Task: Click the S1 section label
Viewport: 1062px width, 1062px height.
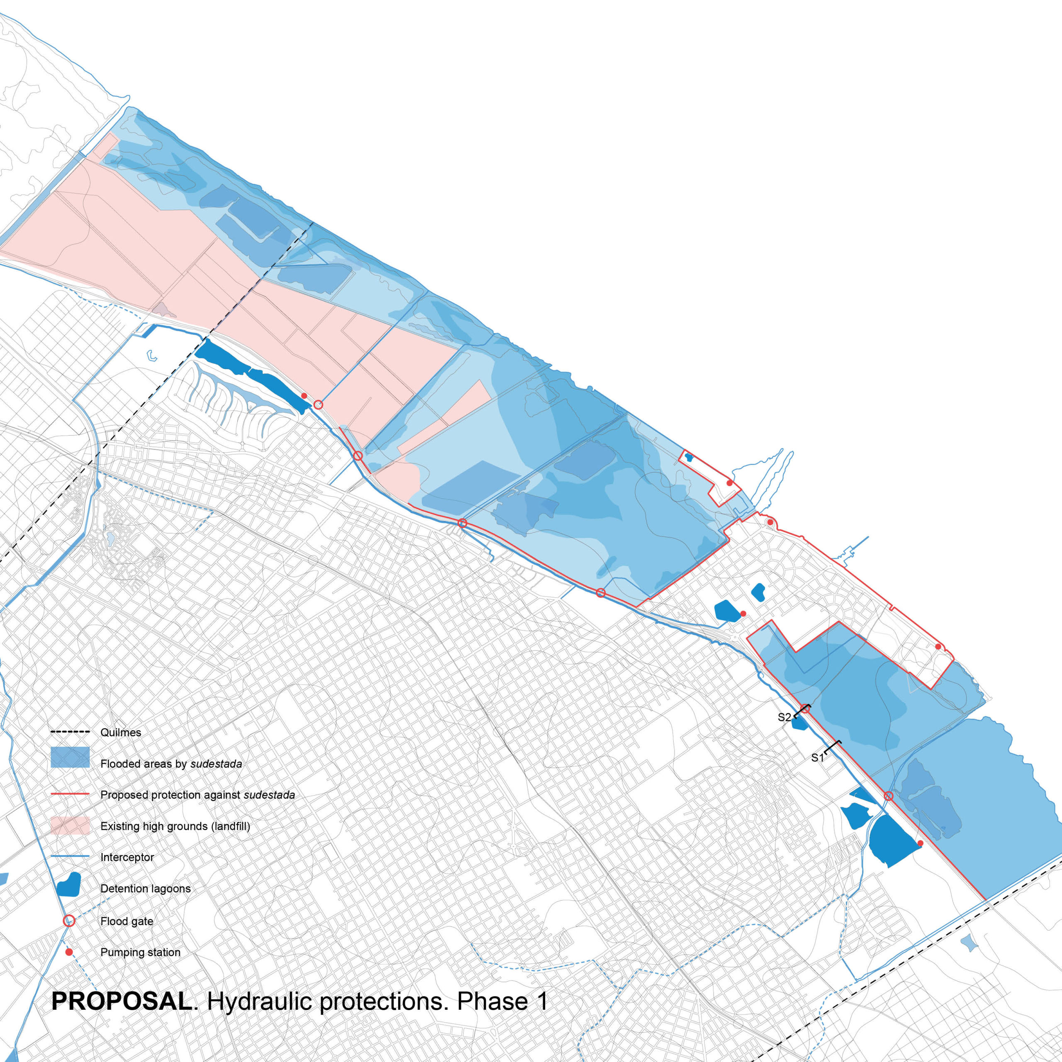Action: [x=817, y=758]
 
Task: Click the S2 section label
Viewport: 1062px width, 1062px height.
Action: [x=784, y=717]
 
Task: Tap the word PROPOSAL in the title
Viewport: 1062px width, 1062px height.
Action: [x=122, y=1001]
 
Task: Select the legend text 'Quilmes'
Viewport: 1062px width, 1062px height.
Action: [x=120, y=733]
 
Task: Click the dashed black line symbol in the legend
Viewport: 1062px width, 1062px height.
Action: [x=70, y=732]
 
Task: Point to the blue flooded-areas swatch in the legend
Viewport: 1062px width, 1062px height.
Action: [x=70, y=758]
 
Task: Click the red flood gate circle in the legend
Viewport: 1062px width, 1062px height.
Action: [x=69, y=921]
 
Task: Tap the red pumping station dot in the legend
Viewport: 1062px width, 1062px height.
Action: [x=69, y=952]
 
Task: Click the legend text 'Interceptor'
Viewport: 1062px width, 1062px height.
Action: [x=127, y=857]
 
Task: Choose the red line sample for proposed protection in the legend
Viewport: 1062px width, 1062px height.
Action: [x=70, y=795]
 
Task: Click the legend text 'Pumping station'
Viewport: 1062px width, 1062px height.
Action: [x=140, y=952]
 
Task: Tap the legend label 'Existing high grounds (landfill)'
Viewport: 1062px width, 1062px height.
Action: [x=175, y=826]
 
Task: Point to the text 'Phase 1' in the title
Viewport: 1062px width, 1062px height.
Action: [x=502, y=1001]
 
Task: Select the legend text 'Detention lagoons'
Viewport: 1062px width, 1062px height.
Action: [x=145, y=889]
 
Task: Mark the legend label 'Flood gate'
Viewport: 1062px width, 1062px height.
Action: [x=127, y=921]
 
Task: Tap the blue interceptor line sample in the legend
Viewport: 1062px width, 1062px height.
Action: [x=70, y=857]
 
